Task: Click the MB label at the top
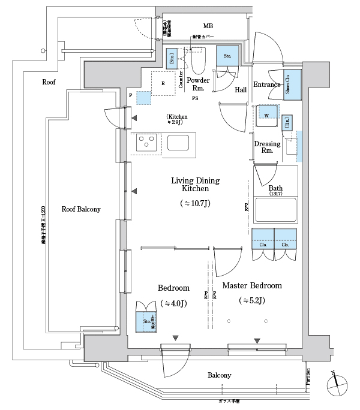[x=208, y=26]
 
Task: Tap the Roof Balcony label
[x=81, y=209]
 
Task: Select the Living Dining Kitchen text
[x=196, y=185]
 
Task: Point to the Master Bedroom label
[x=252, y=286]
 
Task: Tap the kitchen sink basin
[x=178, y=143]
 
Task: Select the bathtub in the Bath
[x=275, y=211]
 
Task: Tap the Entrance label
[x=267, y=85]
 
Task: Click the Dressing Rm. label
[x=267, y=147]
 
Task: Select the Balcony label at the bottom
[x=220, y=375]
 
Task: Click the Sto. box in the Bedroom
[x=147, y=322]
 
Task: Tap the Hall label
[x=241, y=90]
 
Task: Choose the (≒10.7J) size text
[x=196, y=204]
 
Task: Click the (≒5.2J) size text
[x=252, y=300]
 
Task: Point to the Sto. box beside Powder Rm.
[x=227, y=56]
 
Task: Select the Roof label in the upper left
[x=49, y=82]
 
